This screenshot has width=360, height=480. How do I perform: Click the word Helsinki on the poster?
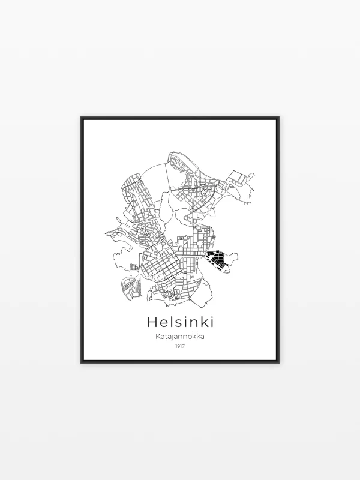tap(180, 322)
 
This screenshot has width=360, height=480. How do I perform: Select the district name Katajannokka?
tap(180, 337)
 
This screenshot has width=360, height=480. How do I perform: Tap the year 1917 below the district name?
tap(180, 346)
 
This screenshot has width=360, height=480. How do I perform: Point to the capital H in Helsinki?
tap(152, 322)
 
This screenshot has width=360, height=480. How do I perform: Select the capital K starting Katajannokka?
tap(158, 337)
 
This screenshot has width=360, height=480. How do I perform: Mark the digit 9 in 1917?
tap(178, 346)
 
